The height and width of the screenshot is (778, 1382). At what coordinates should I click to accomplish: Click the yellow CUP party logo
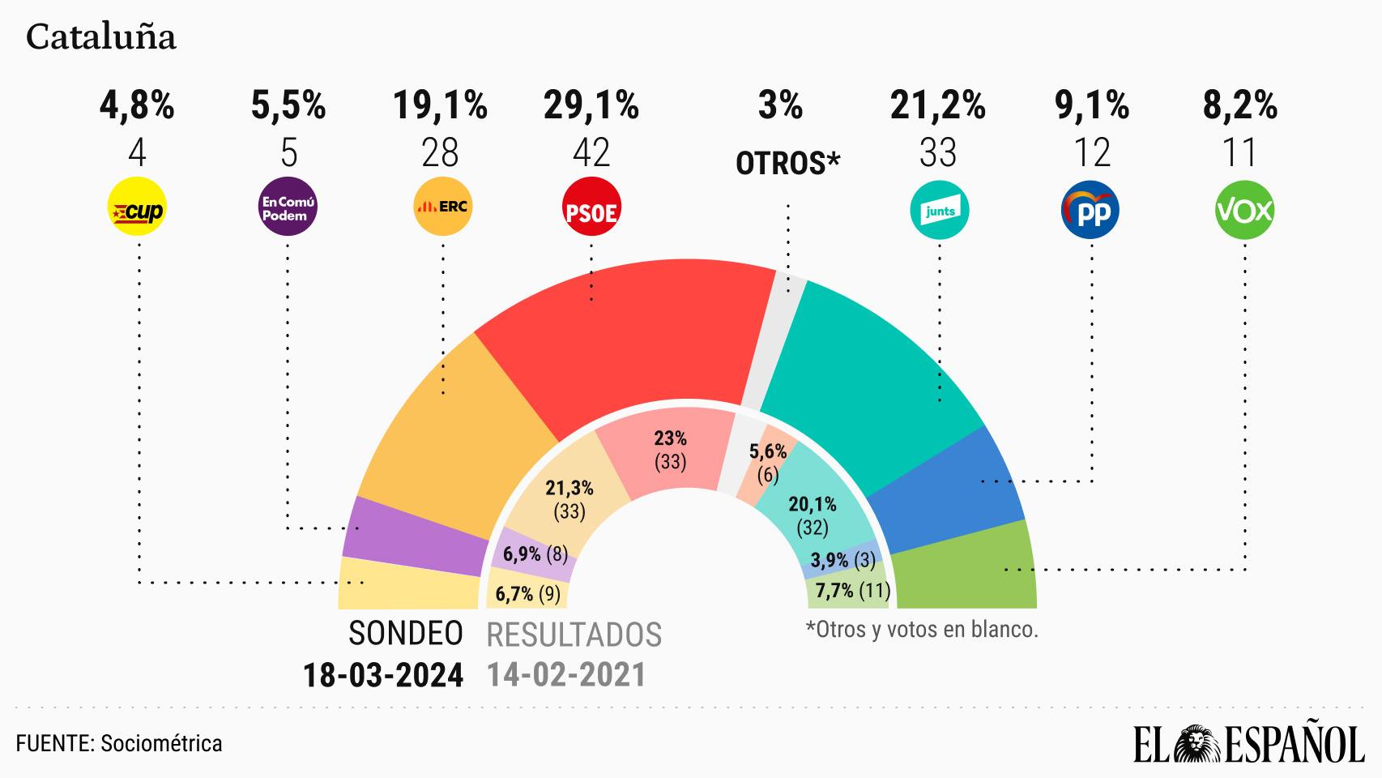tap(135, 209)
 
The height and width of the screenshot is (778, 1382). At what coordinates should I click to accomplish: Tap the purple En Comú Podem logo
tap(288, 209)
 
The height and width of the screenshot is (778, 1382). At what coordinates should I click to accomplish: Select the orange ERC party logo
tap(441, 207)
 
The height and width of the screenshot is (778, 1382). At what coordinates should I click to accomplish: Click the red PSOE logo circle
tap(591, 211)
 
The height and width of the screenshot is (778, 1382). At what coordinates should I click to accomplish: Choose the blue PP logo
tap(1090, 211)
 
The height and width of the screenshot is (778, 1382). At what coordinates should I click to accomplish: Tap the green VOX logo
tap(1244, 211)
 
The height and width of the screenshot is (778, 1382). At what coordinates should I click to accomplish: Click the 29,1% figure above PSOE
tap(591, 106)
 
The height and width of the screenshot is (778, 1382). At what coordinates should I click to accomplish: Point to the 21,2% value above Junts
tap(938, 106)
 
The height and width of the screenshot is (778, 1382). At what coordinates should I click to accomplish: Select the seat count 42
tap(591, 153)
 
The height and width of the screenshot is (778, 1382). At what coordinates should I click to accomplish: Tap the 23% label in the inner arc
tap(670, 438)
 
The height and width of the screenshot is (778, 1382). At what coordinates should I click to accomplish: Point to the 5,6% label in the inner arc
tap(768, 452)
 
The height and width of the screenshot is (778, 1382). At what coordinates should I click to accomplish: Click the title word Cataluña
tap(101, 38)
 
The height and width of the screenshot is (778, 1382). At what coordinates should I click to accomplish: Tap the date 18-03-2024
tap(383, 674)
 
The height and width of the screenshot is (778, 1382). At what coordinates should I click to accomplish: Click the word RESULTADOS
tap(574, 635)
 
